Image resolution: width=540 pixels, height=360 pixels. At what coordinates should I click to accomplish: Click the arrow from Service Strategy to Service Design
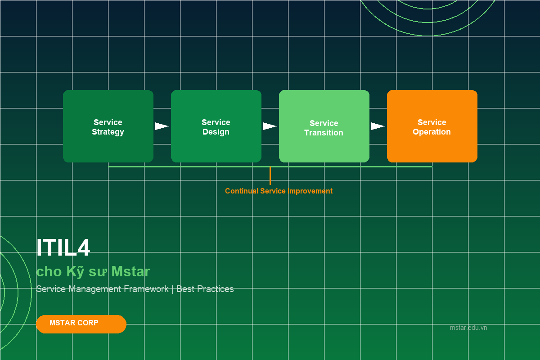pyautogui.click(x=162, y=126)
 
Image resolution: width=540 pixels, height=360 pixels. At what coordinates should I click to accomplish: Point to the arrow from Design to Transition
pyautogui.click(x=270, y=126)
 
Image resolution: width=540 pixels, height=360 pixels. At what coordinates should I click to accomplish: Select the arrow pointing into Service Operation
pyautogui.click(x=378, y=126)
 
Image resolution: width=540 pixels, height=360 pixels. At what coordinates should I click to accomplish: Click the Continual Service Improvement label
pyautogui.click(x=279, y=191)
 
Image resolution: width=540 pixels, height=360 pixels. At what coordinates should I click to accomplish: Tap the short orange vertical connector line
pyautogui.click(x=270, y=176)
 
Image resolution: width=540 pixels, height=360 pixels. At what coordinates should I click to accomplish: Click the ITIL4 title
pyautogui.click(x=63, y=248)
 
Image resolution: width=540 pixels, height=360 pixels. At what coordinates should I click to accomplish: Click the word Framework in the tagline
pyautogui.click(x=146, y=289)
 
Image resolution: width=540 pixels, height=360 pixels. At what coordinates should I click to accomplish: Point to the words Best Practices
pyautogui.click(x=205, y=289)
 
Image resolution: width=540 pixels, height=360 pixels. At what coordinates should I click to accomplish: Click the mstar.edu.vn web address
pyautogui.click(x=468, y=328)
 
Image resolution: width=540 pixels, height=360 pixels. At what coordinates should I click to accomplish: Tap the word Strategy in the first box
pyautogui.click(x=108, y=132)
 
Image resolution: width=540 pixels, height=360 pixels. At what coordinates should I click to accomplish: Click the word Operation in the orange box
pyautogui.click(x=432, y=132)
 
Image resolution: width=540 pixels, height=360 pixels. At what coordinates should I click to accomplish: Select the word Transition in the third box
pyautogui.click(x=324, y=133)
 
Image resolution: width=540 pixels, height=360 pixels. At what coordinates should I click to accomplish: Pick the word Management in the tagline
pyautogui.click(x=95, y=289)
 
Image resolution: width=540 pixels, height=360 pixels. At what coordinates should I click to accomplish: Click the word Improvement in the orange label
pyautogui.click(x=310, y=191)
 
